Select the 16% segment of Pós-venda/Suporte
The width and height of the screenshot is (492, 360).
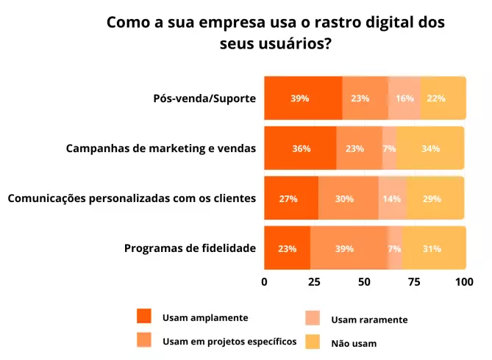pos(404,98)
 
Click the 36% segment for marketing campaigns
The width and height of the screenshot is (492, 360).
pos(301,148)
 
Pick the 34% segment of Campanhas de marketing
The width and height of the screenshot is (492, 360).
pos(431,148)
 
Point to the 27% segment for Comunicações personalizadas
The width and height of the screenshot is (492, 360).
pos(288,199)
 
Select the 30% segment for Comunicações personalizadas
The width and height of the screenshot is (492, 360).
pos(344,199)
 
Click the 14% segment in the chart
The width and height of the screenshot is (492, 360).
pos(392,199)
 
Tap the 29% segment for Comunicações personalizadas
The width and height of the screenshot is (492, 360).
pos(432,199)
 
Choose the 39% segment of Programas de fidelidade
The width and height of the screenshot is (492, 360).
pos(344,248)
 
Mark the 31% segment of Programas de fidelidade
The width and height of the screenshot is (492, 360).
pos(432,248)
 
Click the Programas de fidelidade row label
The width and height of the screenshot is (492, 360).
pos(190,248)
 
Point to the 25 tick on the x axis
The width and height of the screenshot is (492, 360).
pos(314,281)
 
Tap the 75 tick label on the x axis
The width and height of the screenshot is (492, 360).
pos(414,281)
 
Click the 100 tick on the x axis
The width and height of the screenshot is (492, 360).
pos(464,281)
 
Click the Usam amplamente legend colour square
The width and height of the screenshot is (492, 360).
pos(144,317)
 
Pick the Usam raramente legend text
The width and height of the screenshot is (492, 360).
pos(369,320)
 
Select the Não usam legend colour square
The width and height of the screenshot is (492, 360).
pos(313,342)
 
